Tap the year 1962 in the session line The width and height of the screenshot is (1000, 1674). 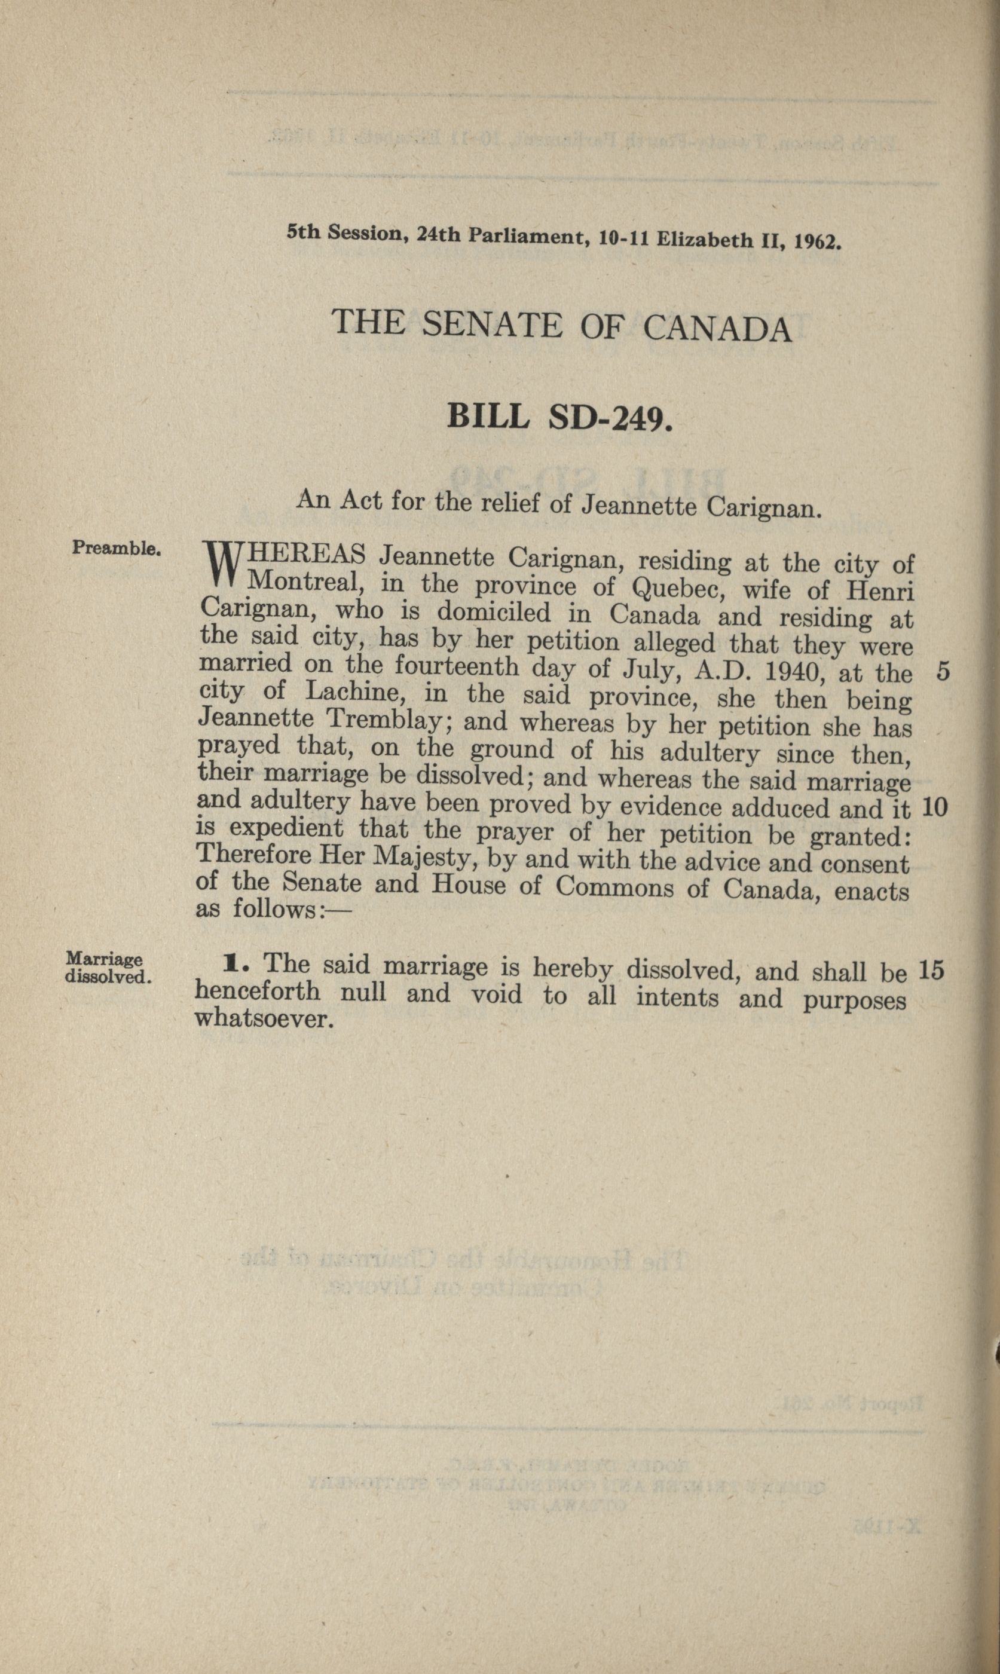point(818,241)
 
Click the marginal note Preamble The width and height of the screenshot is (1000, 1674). point(116,547)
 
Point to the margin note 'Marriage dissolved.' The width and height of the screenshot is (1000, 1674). point(106,968)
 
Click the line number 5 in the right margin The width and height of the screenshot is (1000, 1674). point(943,672)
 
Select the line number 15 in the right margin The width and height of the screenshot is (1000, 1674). point(931,969)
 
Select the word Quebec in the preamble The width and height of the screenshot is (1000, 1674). point(679,589)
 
